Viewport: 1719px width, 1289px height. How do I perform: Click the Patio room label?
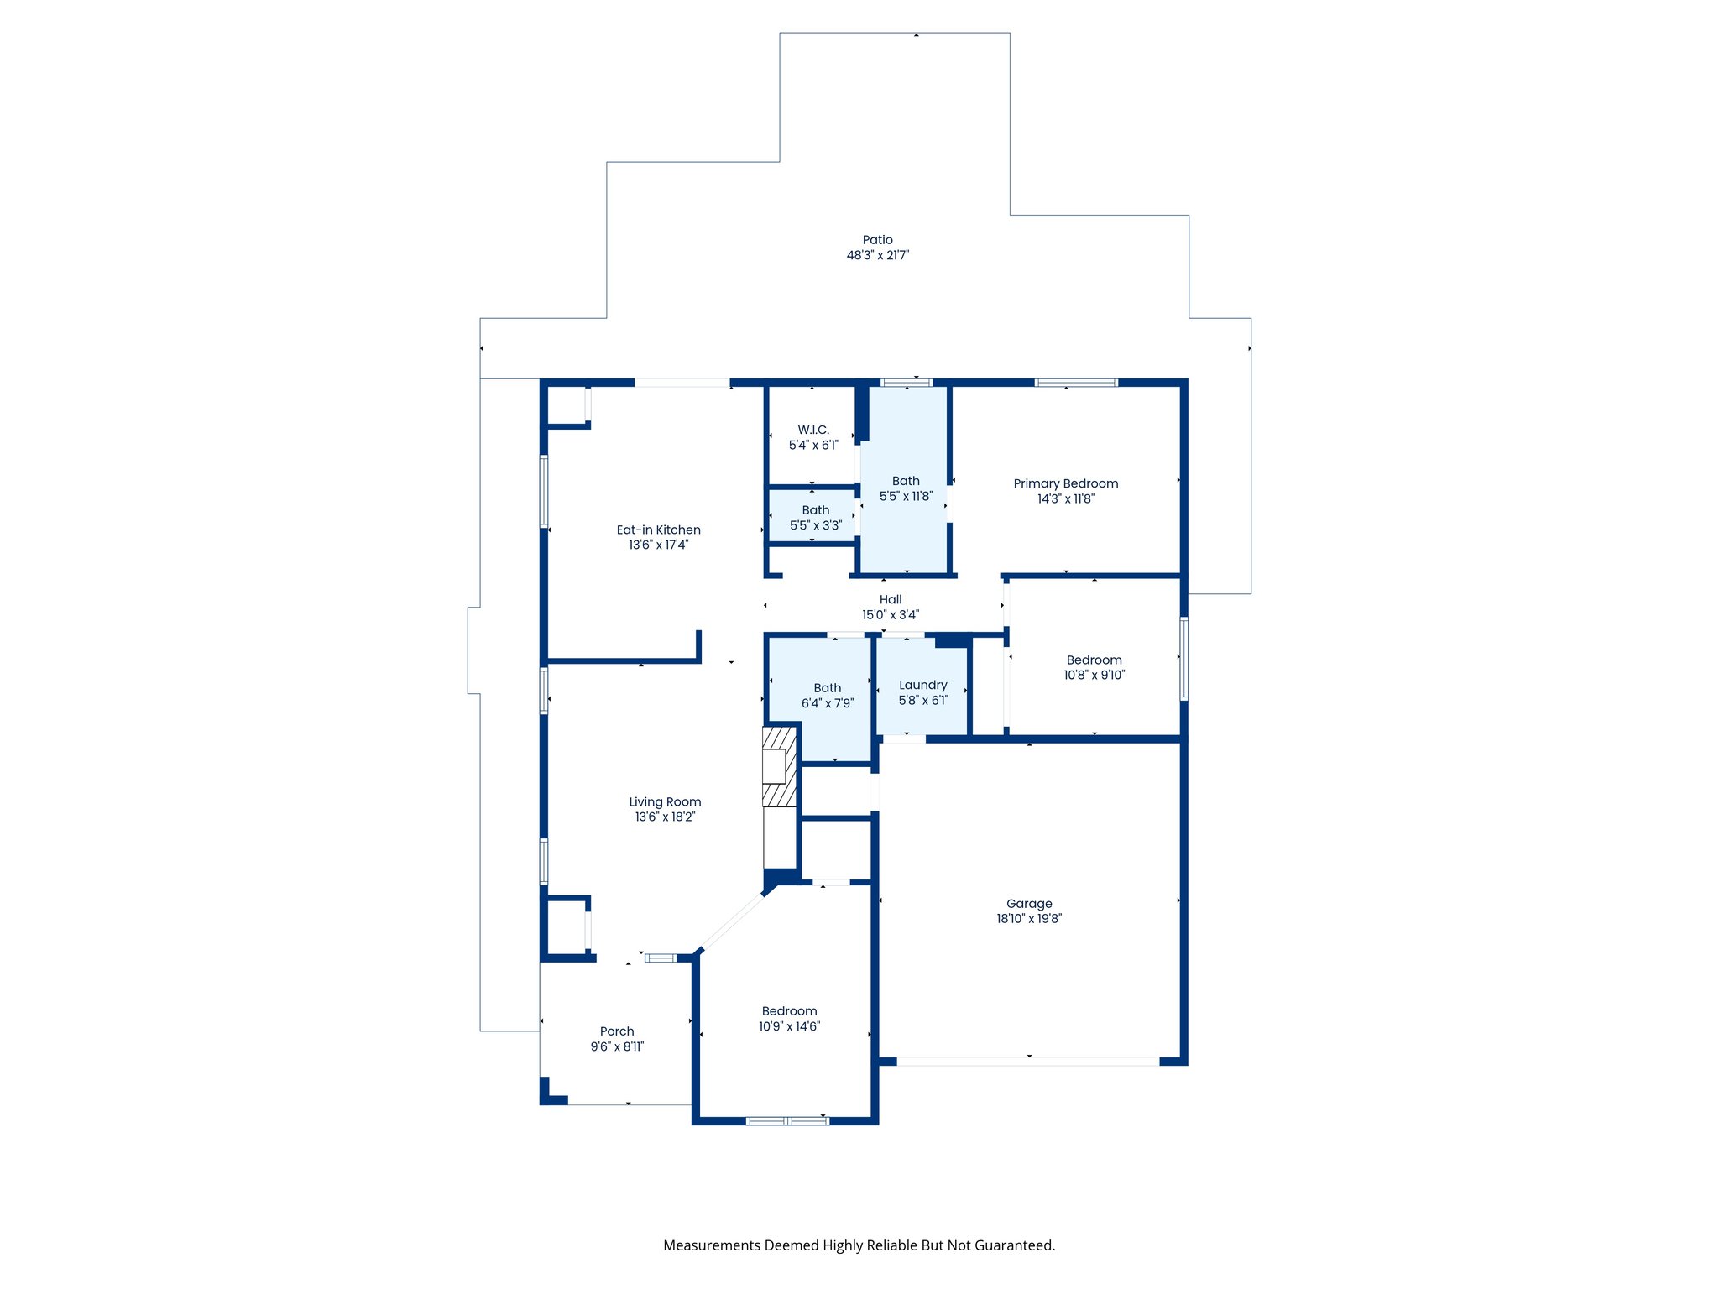[877, 240]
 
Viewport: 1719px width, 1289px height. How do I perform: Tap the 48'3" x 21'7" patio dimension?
[877, 255]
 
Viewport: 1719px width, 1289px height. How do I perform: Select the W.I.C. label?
[812, 430]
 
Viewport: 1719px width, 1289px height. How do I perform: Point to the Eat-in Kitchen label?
[658, 530]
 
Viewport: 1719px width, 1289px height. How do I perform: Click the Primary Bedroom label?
[1065, 483]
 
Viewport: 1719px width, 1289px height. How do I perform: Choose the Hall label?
[891, 599]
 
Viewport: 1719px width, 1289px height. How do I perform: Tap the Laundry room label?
[922, 685]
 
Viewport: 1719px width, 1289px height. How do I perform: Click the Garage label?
[1029, 904]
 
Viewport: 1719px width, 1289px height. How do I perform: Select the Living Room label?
[665, 801]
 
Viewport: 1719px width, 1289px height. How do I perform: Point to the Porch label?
[617, 1031]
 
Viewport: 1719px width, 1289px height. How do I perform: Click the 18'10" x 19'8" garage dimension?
[1029, 919]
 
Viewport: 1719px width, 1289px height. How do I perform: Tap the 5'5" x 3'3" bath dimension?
[815, 525]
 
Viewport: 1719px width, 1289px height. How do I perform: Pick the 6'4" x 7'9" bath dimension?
[827, 703]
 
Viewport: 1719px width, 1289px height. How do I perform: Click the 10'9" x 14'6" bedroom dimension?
[789, 1026]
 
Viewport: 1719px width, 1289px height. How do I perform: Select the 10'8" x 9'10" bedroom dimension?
[1094, 675]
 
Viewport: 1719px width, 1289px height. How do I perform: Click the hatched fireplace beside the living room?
[779, 766]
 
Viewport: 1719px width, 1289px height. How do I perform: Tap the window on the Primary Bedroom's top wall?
[1076, 383]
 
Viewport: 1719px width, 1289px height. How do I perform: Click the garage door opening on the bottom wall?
[1028, 1062]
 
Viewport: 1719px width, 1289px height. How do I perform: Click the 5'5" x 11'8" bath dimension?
[906, 496]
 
